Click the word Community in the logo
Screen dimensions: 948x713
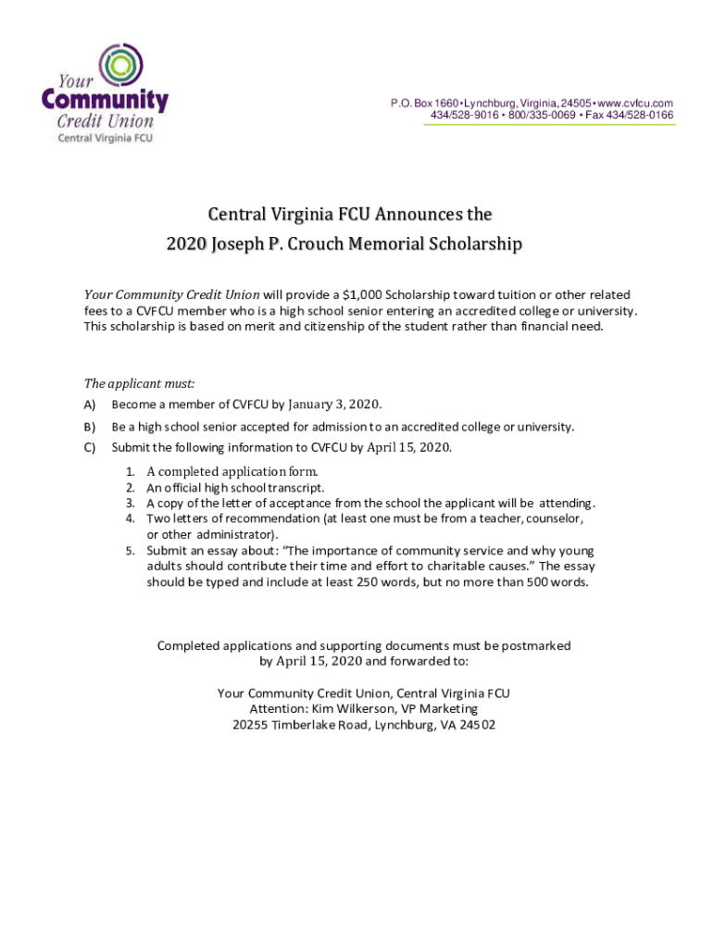106,100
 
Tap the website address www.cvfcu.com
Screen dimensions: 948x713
639,103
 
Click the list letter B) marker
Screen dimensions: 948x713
90,427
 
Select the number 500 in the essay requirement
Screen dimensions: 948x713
532,582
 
